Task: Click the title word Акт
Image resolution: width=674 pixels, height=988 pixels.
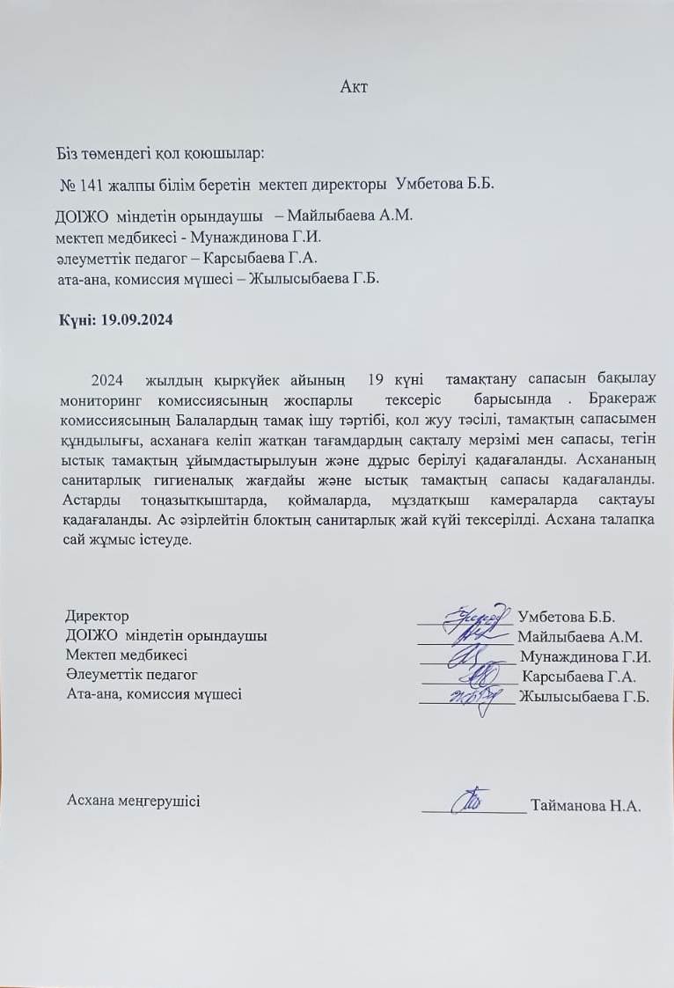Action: pyautogui.click(x=354, y=87)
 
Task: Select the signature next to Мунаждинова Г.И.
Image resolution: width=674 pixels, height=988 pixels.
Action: pyautogui.click(x=466, y=656)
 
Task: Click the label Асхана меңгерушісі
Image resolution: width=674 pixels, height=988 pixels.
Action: pyautogui.click(x=133, y=801)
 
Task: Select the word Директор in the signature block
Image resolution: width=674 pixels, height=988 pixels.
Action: pyautogui.click(x=97, y=616)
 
